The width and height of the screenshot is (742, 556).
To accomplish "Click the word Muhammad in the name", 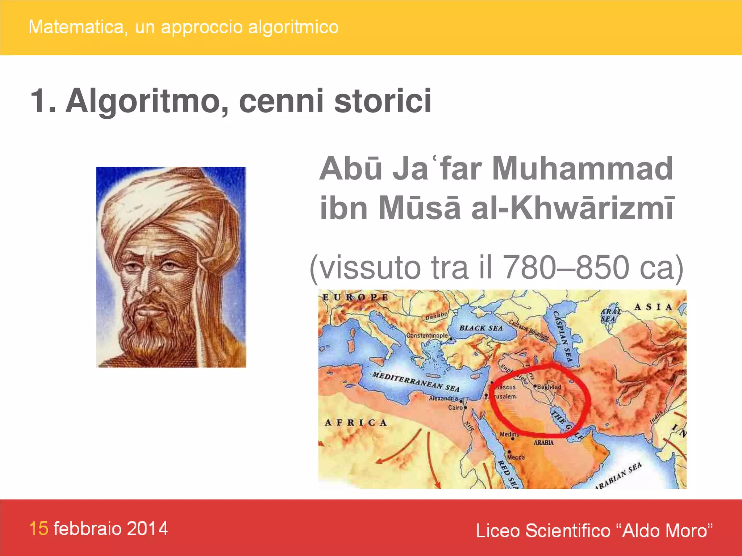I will click(582, 168).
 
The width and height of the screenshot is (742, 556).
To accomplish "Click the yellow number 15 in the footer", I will click(39, 528).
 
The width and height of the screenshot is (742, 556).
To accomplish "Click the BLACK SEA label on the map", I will click(481, 328).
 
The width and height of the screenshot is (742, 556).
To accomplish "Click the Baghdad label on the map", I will click(549, 387).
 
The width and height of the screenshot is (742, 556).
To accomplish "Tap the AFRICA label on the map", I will click(355, 422).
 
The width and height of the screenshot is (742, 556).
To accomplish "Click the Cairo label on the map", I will click(455, 408).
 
